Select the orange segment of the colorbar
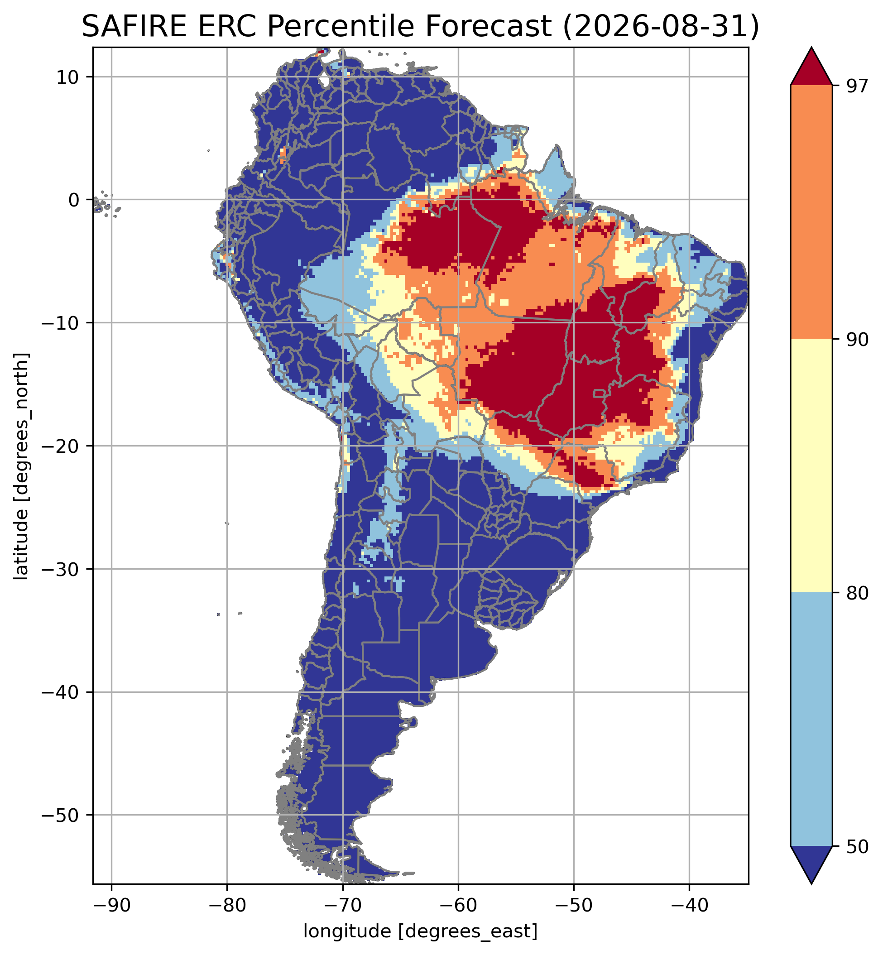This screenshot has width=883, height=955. pos(811,212)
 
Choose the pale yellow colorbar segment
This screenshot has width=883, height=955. pos(811,466)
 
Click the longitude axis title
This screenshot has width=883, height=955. pos(421,931)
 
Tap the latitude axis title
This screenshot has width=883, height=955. pos(21,466)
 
